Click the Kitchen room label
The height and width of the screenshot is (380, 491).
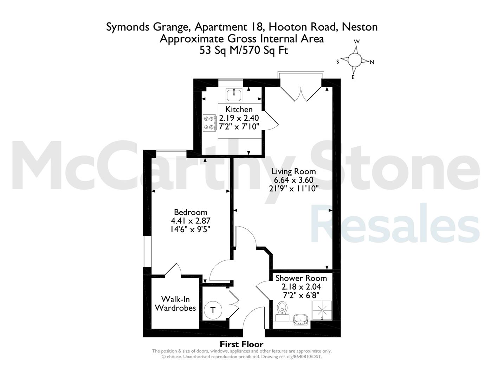click(239, 109)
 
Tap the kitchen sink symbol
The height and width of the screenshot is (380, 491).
click(234, 95)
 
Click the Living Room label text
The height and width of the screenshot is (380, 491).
click(293, 171)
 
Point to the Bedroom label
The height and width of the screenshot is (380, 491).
click(190, 212)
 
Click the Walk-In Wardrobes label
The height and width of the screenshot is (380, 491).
click(175, 304)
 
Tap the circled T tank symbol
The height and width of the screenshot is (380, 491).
click(213, 310)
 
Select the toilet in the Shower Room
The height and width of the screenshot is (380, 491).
click(282, 311)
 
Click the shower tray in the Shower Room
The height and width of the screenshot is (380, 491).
click(322, 310)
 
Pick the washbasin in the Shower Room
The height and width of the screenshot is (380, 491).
click(300, 319)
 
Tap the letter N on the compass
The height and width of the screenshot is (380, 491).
click(372, 62)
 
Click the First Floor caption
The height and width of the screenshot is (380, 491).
click(241, 344)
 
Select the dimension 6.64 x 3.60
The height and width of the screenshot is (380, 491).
click(293, 180)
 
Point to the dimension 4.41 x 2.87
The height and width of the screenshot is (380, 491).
click(190, 221)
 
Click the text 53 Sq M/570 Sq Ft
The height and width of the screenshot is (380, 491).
click(244, 50)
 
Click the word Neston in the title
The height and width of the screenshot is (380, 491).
click(360, 27)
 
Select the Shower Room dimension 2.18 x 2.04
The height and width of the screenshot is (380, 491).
click(301, 287)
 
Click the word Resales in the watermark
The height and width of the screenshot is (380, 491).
click(395, 223)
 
